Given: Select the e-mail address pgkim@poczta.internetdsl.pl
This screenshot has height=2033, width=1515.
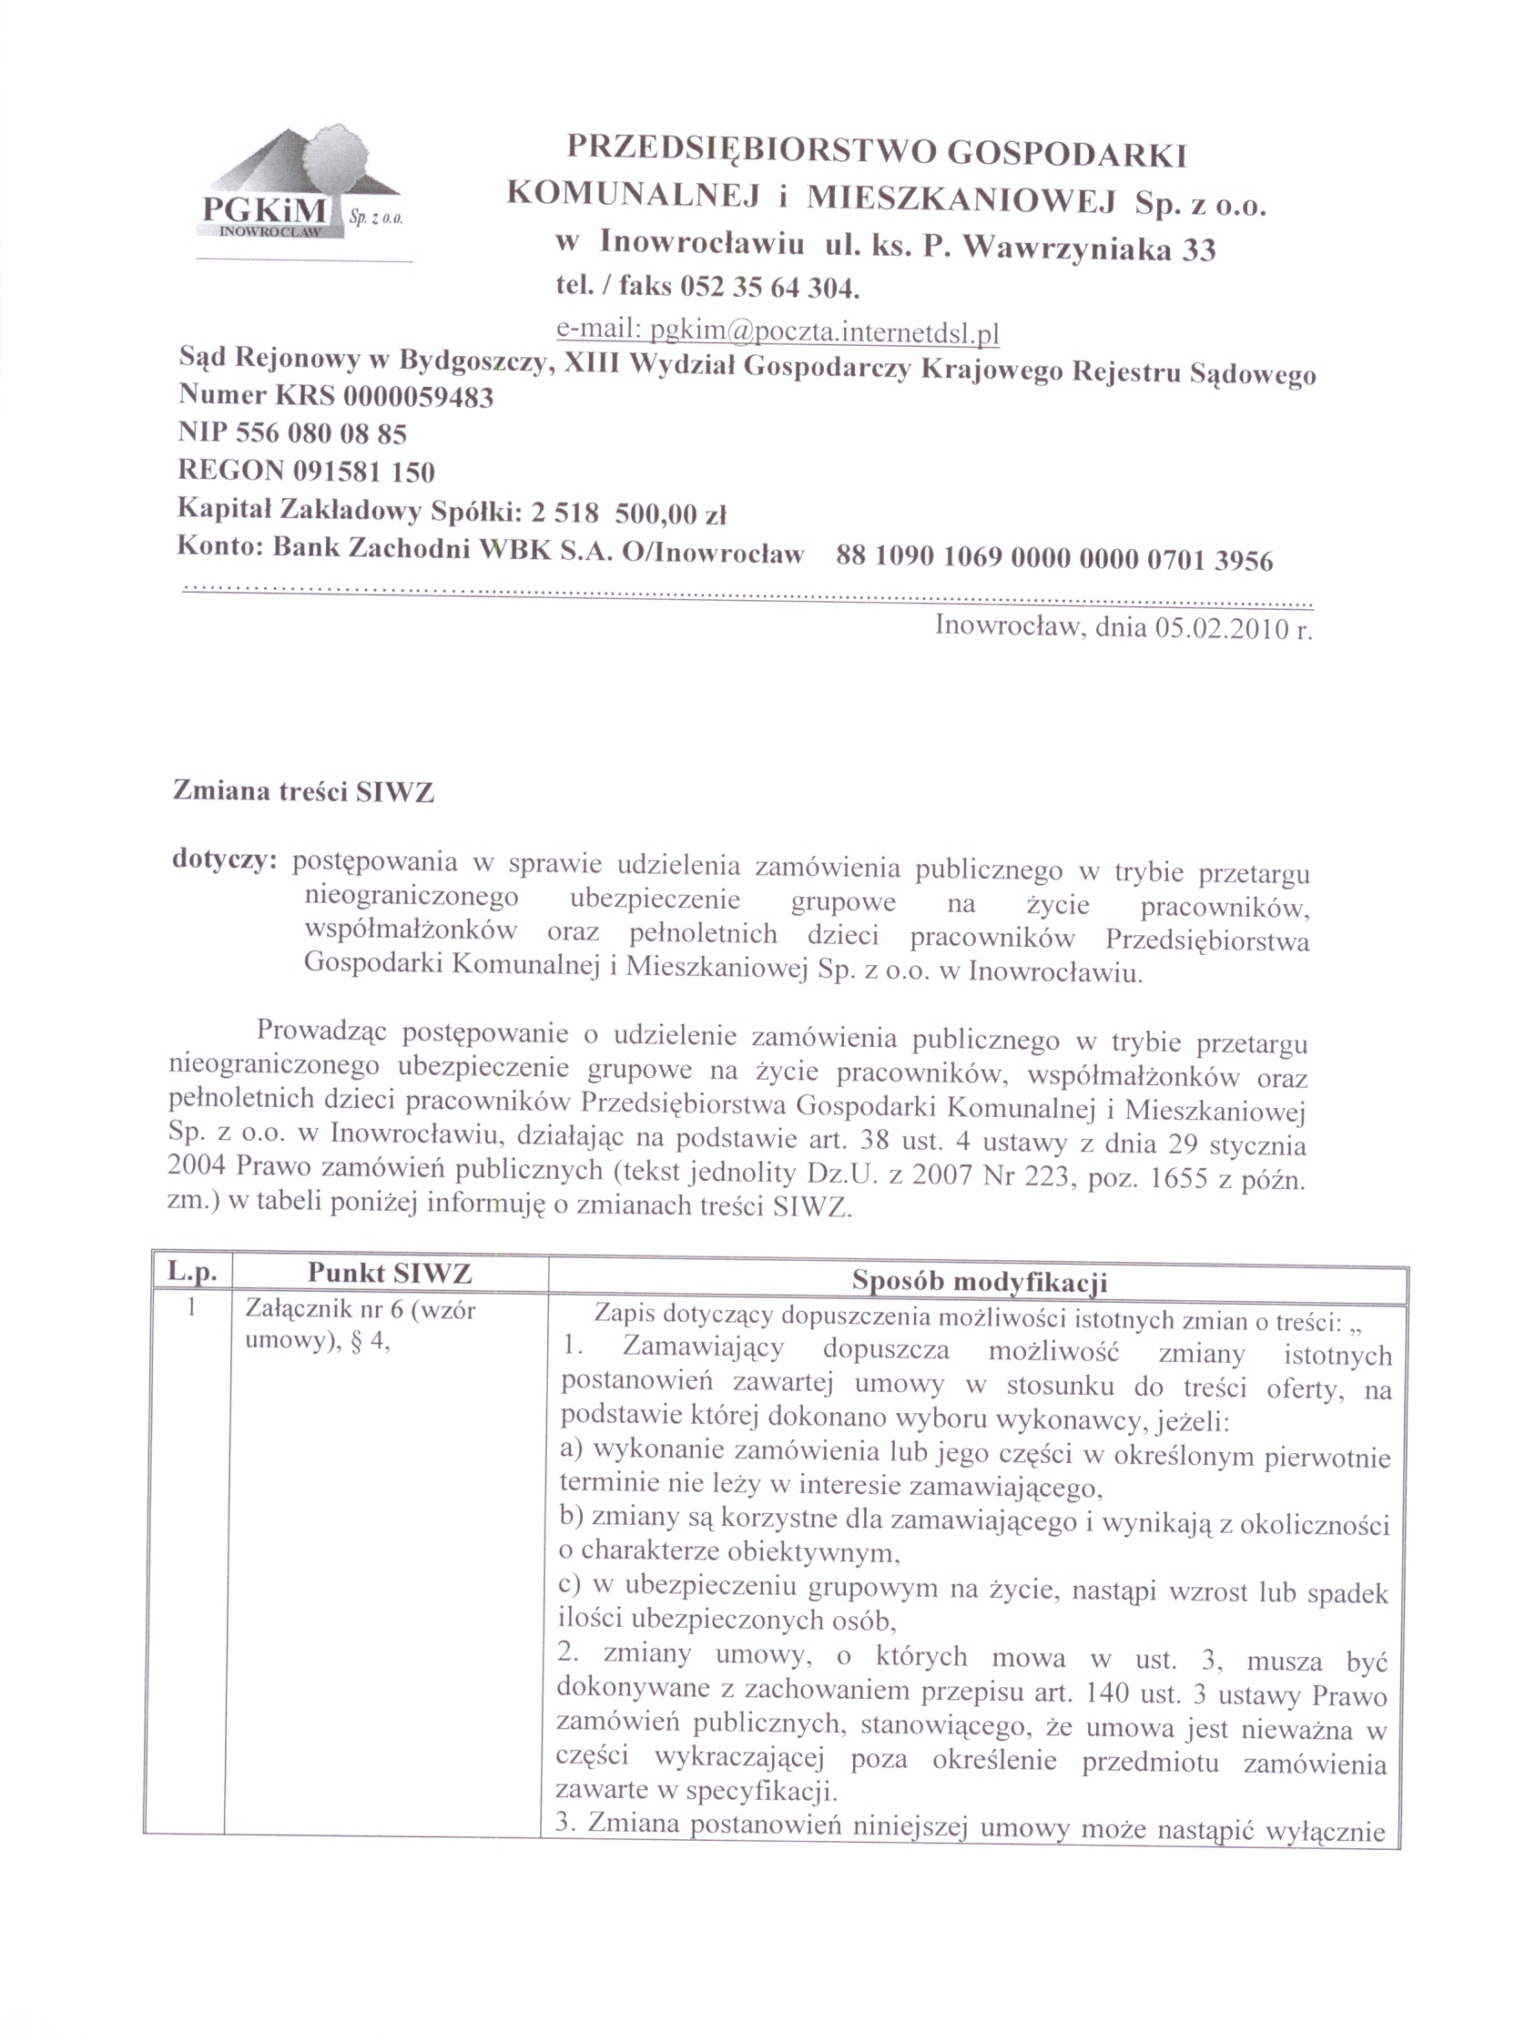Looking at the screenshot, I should tap(824, 331).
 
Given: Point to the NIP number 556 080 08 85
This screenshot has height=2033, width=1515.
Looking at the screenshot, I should tap(321, 432).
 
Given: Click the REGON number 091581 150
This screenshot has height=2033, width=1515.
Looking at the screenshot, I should tap(364, 471).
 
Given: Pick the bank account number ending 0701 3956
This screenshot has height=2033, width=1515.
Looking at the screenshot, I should tap(1054, 558).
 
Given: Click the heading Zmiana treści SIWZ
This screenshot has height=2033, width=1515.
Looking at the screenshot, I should tap(303, 791).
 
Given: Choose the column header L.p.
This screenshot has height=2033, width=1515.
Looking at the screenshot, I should tap(192, 1272).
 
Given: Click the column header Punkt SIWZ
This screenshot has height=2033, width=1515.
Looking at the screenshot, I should tap(389, 1273).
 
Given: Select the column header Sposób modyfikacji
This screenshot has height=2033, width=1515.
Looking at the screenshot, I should tap(979, 1281).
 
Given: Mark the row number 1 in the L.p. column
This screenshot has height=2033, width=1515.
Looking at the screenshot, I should tap(191, 1307).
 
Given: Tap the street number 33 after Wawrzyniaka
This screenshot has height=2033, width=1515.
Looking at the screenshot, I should tap(1197, 249).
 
